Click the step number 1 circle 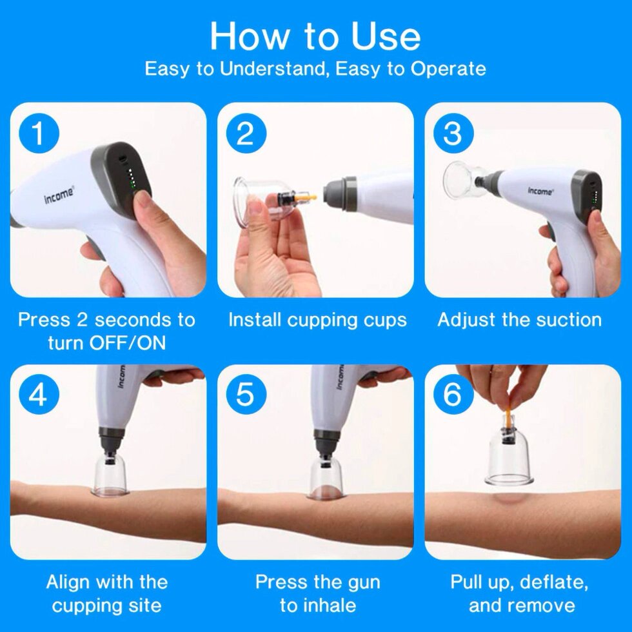tap(39, 133)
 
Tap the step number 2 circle tap(246, 133)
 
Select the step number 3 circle tap(453, 133)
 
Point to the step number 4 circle tap(39, 395)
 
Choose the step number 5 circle tap(246, 395)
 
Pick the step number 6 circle tap(453, 395)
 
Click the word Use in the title tap(386, 37)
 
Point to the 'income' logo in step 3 tap(540, 191)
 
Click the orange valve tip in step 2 tap(308, 198)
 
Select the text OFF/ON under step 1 tap(128, 343)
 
